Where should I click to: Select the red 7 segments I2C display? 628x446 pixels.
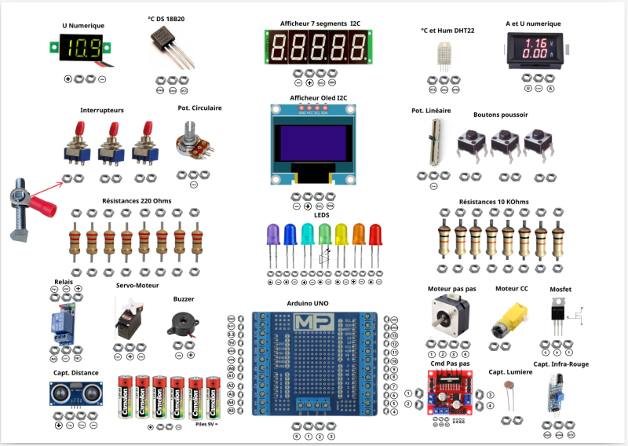[x=319, y=48]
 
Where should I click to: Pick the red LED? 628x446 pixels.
[x=375, y=236]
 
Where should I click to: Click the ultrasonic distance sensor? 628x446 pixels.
[x=71, y=392]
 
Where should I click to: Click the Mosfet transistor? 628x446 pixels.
[x=558, y=314]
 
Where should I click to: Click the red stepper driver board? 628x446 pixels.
[x=449, y=393]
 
